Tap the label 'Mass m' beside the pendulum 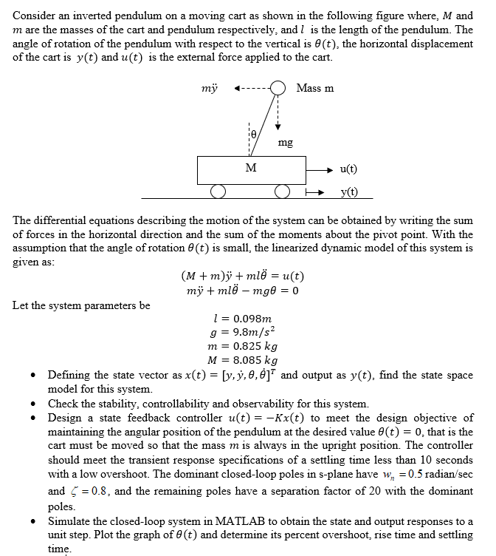coord(314,88)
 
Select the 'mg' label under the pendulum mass coord(286,142)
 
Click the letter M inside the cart coord(252,168)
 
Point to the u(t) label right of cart coord(348,169)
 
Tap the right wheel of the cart coord(280,192)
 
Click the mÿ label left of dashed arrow coord(210,89)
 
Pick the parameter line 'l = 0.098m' coord(242,319)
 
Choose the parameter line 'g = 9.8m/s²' coord(243,332)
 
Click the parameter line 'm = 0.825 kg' coord(244,346)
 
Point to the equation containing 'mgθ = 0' coord(242,290)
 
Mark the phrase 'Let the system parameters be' coord(81,305)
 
